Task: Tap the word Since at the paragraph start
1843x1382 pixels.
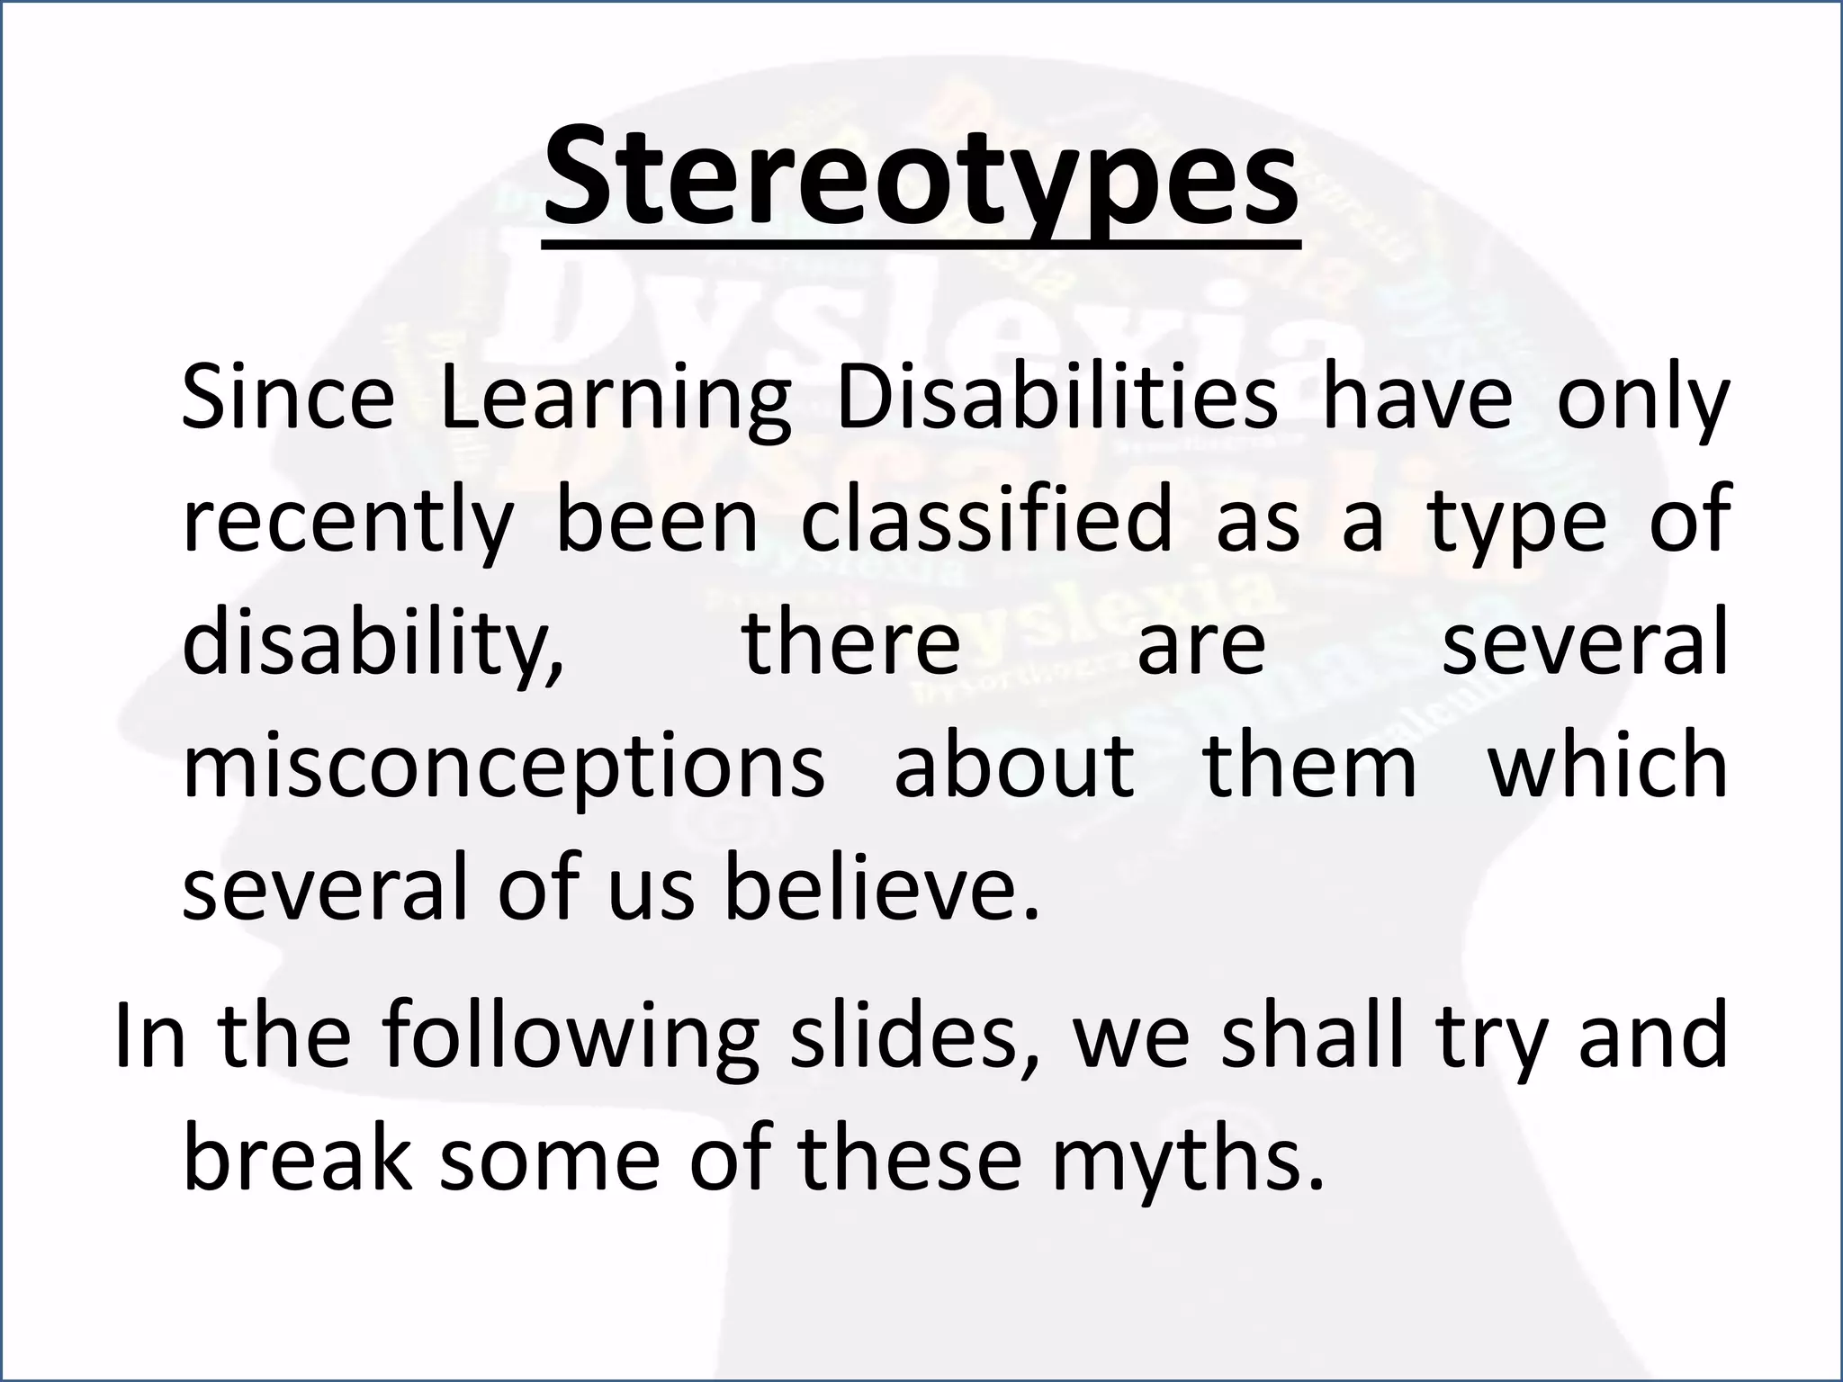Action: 288,398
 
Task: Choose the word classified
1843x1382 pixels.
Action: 987,520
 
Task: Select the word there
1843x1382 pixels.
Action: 851,642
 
